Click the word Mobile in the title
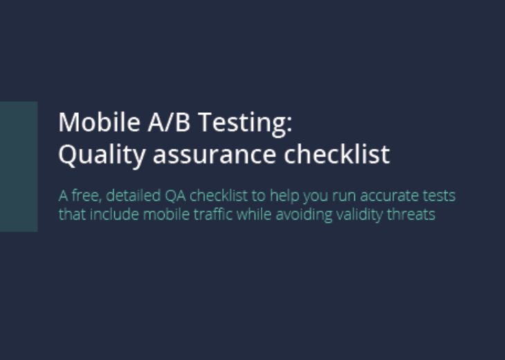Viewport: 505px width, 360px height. pos(99,122)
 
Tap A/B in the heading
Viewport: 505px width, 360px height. pos(169,122)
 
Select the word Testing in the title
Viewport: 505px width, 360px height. pos(243,124)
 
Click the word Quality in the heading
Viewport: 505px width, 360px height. pos(102,156)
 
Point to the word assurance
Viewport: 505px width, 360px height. pos(214,155)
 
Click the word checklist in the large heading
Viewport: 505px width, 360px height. pos(337,154)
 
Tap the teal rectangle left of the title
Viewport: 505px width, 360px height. pos(19,167)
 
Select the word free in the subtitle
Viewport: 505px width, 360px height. pos(86,196)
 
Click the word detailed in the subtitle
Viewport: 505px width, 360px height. pos(134,195)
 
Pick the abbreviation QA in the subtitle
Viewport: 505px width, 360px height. pos(175,196)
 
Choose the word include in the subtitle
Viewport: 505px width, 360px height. pos(114,214)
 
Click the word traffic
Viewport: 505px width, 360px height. pos(213,214)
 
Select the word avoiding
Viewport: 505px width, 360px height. pos(304,215)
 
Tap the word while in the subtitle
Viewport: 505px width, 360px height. pos(254,214)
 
